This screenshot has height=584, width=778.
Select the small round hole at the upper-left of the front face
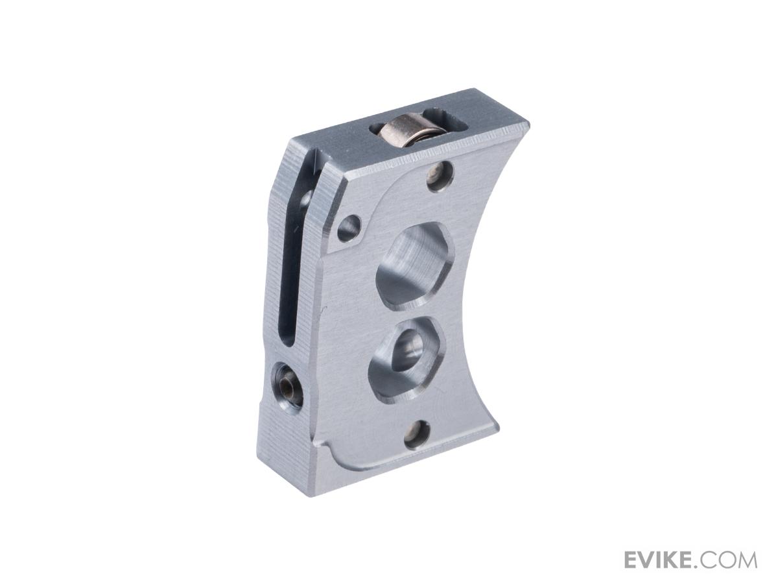pyautogui.click(x=349, y=227)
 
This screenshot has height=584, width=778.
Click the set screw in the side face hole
pyautogui.click(x=286, y=384)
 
